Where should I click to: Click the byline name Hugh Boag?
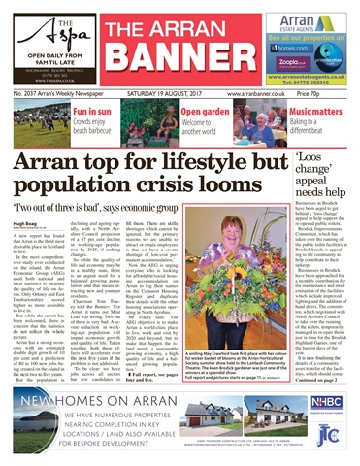(26, 221)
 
